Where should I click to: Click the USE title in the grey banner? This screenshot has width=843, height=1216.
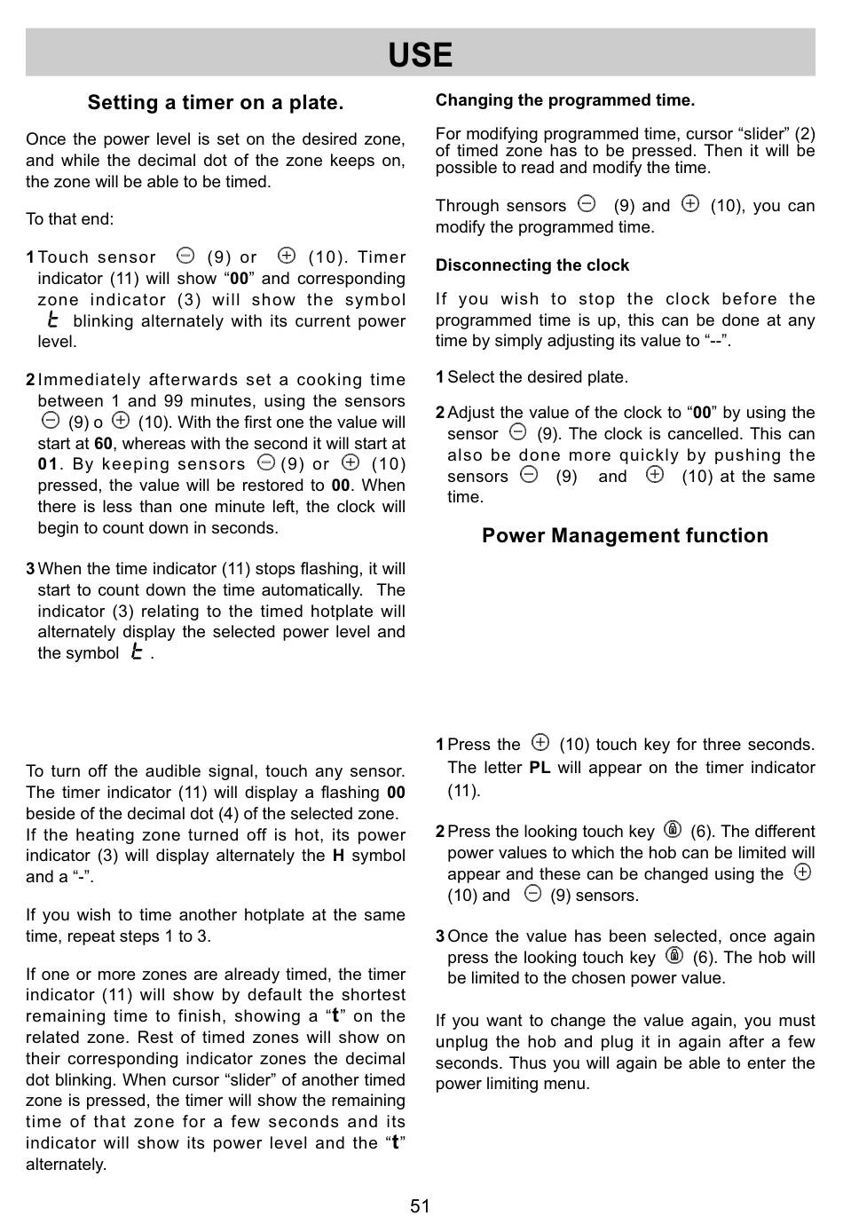click(x=421, y=55)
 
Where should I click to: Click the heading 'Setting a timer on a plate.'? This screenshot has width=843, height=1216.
click(x=216, y=103)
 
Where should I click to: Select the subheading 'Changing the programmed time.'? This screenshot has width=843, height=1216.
click(x=565, y=100)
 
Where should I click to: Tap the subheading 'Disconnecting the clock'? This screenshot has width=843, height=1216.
click(x=532, y=265)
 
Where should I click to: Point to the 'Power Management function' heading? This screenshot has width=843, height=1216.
click(x=625, y=535)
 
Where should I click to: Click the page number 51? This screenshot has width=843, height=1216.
click(x=421, y=1205)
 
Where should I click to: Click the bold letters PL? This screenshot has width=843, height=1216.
click(x=540, y=768)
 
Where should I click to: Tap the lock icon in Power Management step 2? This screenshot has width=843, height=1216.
click(x=673, y=830)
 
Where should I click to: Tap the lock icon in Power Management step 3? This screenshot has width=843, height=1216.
click(x=674, y=956)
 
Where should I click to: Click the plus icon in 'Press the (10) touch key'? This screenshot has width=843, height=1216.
click(x=540, y=743)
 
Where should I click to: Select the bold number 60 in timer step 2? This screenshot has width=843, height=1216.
click(x=103, y=444)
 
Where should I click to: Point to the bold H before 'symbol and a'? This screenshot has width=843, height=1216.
click(x=338, y=857)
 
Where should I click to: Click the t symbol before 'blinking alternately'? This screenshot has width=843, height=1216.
click(x=53, y=320)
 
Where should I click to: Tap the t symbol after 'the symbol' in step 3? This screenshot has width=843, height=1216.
click(x=136, y=652)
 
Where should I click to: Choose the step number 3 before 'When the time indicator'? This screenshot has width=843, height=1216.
click(x=30, y=569)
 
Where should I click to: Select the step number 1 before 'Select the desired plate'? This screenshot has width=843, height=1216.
click(x=439, y=377)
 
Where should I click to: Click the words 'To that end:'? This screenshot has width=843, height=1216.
click(x=70, y=219)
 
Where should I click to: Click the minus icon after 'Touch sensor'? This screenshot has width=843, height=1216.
click(x=185, y=257)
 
